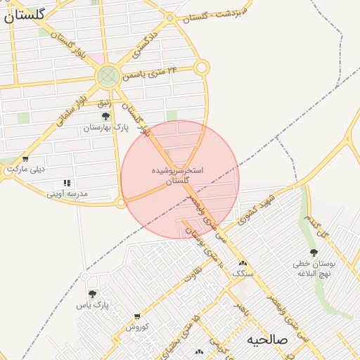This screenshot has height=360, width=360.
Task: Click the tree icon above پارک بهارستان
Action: pos(106,116)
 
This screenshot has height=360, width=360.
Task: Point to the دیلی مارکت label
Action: pos(26,169)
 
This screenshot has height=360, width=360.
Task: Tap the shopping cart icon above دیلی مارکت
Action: pos(26,159)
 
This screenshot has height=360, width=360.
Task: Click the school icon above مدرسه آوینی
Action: pos(67,183)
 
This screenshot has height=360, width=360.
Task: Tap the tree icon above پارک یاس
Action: pos(92,294)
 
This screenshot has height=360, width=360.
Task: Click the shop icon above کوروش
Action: pos(136,316)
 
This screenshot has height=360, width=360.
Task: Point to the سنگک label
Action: pos(243,272)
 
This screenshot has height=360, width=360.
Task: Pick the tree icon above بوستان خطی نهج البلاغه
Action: pos(314,252)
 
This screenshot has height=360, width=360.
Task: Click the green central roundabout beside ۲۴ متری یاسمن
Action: pos(108,75)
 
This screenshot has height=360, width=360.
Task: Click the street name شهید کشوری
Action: pos(259,207)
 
